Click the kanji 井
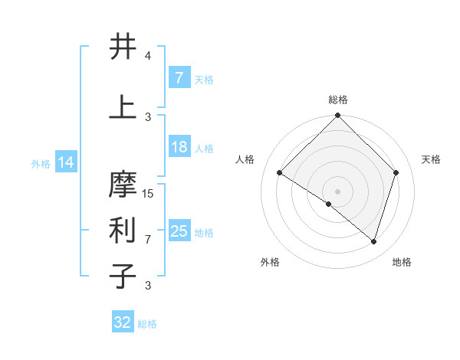(123, 47)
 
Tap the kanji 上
(123, 107)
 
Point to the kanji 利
(123, 231)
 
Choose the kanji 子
(123, 276)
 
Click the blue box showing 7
(179, 77)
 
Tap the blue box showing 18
(179, 147)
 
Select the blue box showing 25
(179, 231)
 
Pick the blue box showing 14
(66, 162)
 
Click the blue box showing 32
(123, 322)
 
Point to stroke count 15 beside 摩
(149, 193)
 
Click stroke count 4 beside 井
(148, 56)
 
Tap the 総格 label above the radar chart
(337, 100)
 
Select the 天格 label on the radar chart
(432, 159)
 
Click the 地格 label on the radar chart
(402, 262)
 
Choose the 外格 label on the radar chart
(270, 262)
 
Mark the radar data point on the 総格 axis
(337, 116)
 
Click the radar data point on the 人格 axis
(280, 172)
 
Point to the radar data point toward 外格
(329, 204)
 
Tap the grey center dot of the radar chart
(337, 191)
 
